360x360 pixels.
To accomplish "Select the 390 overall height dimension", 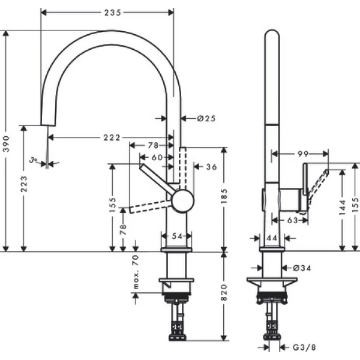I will (7, 145).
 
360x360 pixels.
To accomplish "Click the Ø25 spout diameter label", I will (206, 118).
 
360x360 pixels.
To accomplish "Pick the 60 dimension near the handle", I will (157, 157).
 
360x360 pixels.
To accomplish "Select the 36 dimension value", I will (211, 167).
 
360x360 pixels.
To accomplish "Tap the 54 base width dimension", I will (176, 236).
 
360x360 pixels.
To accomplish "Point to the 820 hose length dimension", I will (224, 292).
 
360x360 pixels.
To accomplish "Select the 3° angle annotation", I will (35, 161).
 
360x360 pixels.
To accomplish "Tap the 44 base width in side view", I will (271, 238).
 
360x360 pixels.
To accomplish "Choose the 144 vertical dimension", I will (342, 208).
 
